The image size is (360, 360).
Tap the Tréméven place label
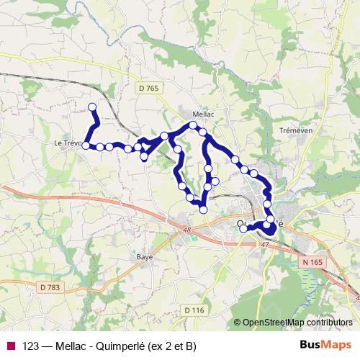[294, 130]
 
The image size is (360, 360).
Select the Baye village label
[145, 256]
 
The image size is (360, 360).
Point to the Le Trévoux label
[68, 143]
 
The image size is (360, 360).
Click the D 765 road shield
[148, 88]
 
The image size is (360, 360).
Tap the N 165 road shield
[312, 263]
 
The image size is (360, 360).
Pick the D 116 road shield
[194, 310]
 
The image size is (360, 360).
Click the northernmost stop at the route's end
[92, 107]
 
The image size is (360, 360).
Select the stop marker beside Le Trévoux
[86, 145]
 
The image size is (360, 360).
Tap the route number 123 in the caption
[31, 346]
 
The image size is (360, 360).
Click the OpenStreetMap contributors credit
[297, 323]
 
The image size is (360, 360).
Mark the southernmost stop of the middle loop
[203, 209]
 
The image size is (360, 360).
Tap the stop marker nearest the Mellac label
[193, 125]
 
